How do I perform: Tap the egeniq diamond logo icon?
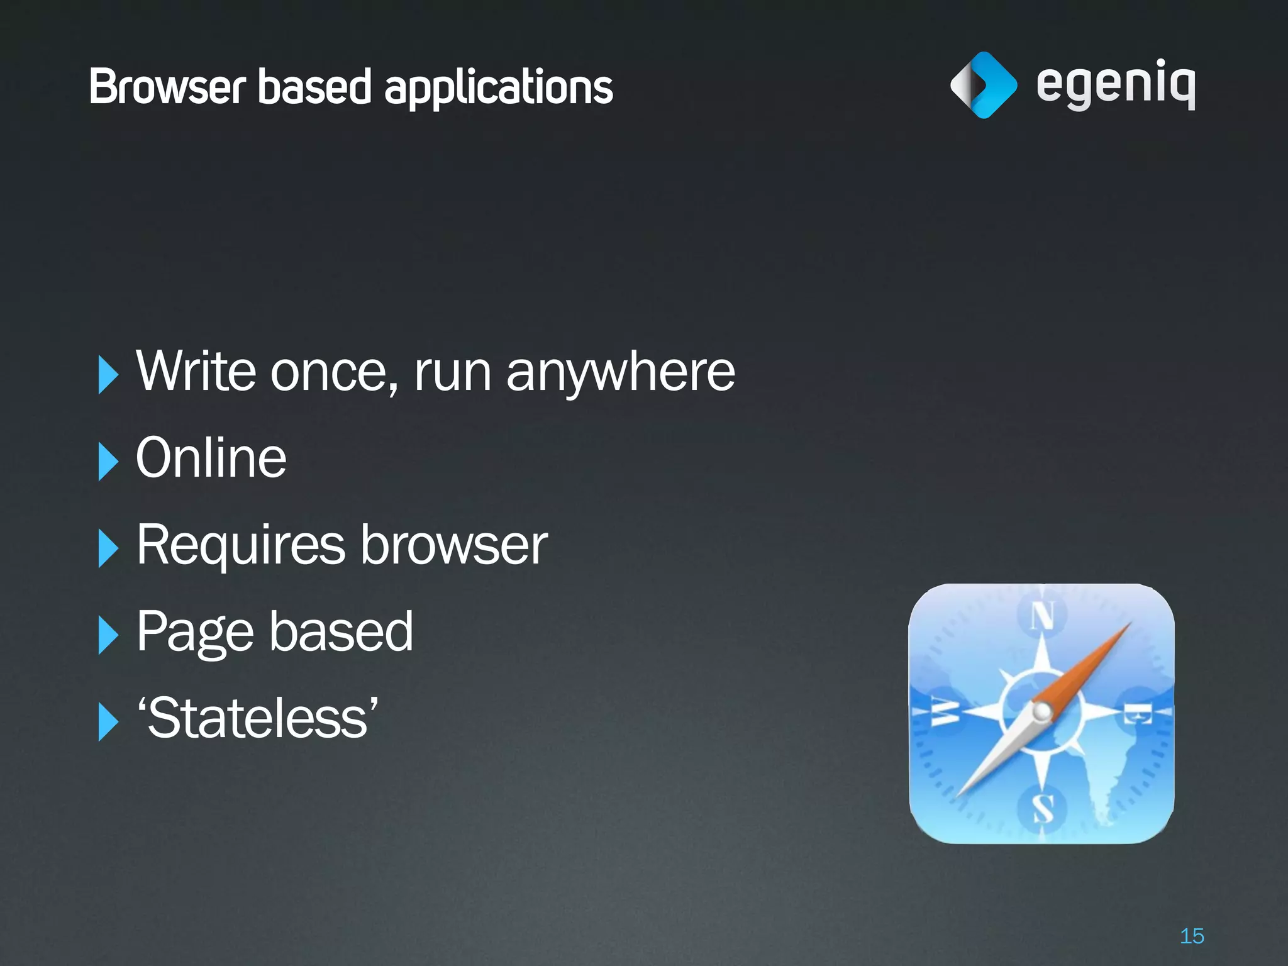pyautogui.click(x=983, y=85)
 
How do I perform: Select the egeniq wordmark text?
pyautogui.click(x=1115, y=85)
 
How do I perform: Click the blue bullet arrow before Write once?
pyautogui.click(x=108, y=374)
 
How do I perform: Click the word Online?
pyautogui.click(x=211, y=458)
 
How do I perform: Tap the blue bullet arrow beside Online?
pyautogui.click(x=108, y=461)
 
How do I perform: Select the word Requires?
pyautogui.click(x=240, y=545)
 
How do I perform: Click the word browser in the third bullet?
pyautogui.click(x=453, y=545)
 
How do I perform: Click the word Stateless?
pyautogui.click(x=258, y=718)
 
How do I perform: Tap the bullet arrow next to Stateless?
pyautogui.click(x=108, y=721)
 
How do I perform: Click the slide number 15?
pyautogui.click(x=1192, y=936)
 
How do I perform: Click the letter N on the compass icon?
pyautogui.click(x=1042, y=616)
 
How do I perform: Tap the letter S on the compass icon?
pyautogui.click(x=1043, y=808)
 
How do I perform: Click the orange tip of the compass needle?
pyautogui.click(x=1116, y=635)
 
